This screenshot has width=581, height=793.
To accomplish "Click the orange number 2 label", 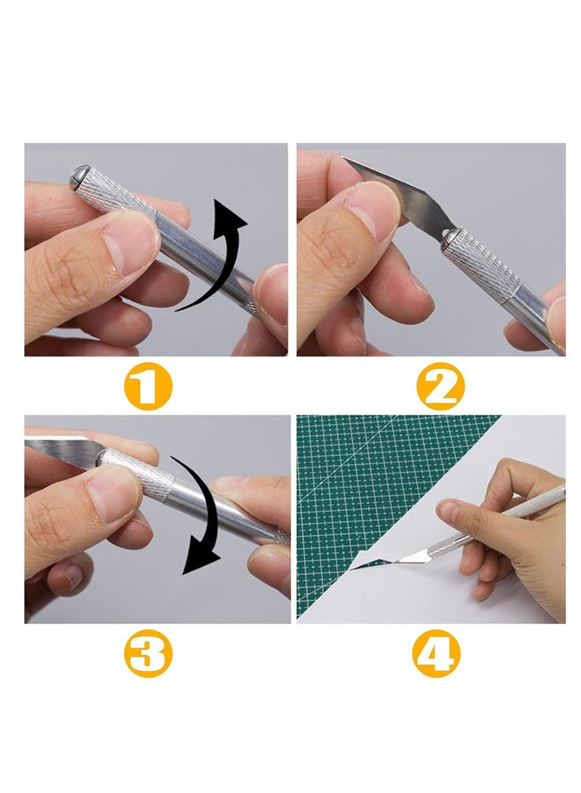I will pos(439,386).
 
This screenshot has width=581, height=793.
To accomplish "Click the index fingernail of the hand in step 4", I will pos(448,513).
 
